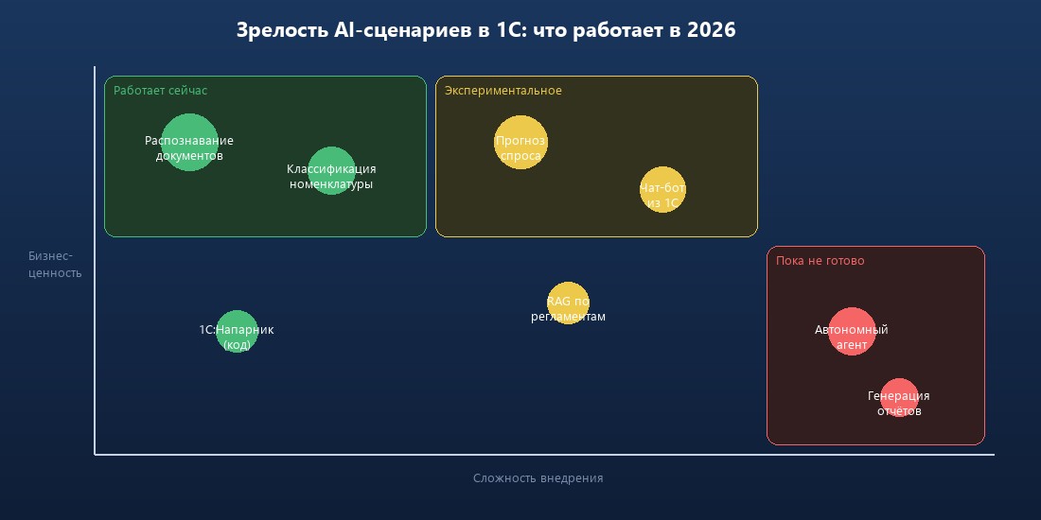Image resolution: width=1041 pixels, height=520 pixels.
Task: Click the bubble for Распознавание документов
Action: pos(189,142)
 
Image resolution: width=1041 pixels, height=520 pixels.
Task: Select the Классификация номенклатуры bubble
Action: pos(331,171)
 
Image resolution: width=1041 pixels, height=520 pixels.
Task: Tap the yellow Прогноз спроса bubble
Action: pos(520,142)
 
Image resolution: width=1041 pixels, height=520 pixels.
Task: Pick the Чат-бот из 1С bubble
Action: pos(662,189)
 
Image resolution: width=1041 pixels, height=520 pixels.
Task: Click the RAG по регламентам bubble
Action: pos(568,303)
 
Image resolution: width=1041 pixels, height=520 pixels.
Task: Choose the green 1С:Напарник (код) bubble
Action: pos(237,331)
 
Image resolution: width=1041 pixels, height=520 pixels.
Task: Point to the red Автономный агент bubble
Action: pos(852,331)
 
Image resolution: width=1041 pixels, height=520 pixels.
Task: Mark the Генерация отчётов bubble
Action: pos(899,397)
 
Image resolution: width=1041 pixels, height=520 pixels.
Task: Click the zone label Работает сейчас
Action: pos(160,91)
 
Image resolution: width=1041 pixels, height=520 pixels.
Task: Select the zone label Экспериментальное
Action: pos(503,91)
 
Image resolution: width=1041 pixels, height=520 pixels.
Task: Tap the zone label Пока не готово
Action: pos(820,261)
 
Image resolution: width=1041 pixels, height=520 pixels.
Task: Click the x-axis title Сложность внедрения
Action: pos(538,478)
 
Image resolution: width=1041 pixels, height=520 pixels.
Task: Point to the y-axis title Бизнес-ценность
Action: pos(55,265)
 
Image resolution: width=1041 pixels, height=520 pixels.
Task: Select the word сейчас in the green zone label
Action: pos(188,91)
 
